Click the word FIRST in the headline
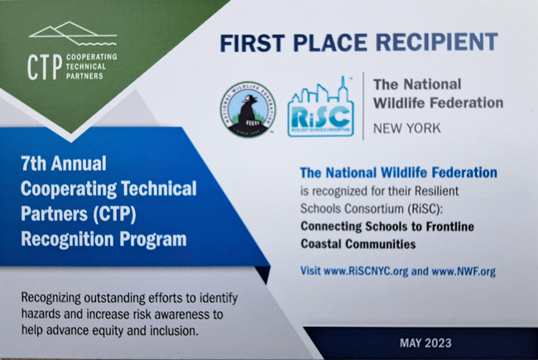click(x=252, y=43)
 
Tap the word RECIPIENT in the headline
click(x=436, y=42)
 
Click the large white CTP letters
click(x=45, y=67)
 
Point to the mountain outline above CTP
click(x=73, y=33)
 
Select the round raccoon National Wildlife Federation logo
click(x=248, y=109)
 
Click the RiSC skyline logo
click(x=321, y=107)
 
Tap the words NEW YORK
click(x=406, y=128)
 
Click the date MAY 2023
click(x=425, y=343)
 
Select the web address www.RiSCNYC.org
click(x=366, y=271)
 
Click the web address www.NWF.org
click(x=464, y=271)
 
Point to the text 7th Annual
click(x=64, y=163)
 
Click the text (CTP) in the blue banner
click(x=114, y=214)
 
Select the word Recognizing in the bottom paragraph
click(x=51, y=298)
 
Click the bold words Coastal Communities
click(x=358, y=244)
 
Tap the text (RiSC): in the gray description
click(x=425, y=209)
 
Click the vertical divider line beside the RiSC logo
click(x=363, y=106)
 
